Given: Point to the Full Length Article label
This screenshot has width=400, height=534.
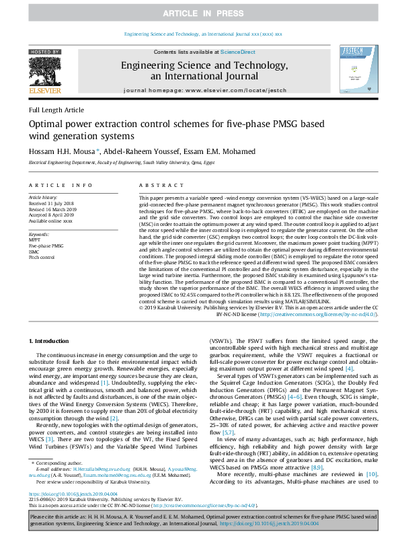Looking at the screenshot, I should click(x=56, y=110).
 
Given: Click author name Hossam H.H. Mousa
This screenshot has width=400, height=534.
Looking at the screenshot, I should click(x=65, y=151).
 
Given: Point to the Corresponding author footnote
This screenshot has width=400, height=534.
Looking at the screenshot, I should click(x=55, y=464).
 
